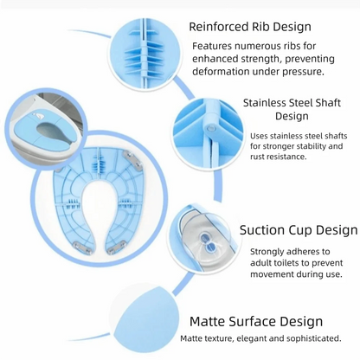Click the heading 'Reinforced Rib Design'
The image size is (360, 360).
250,27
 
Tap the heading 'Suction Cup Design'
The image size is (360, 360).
299,230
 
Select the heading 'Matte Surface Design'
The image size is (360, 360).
256,321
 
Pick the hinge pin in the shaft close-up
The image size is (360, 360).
212,128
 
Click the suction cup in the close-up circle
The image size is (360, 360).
208,242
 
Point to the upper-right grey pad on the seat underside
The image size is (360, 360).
132,157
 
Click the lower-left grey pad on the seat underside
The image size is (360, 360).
82,247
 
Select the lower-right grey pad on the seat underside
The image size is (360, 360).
117,247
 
